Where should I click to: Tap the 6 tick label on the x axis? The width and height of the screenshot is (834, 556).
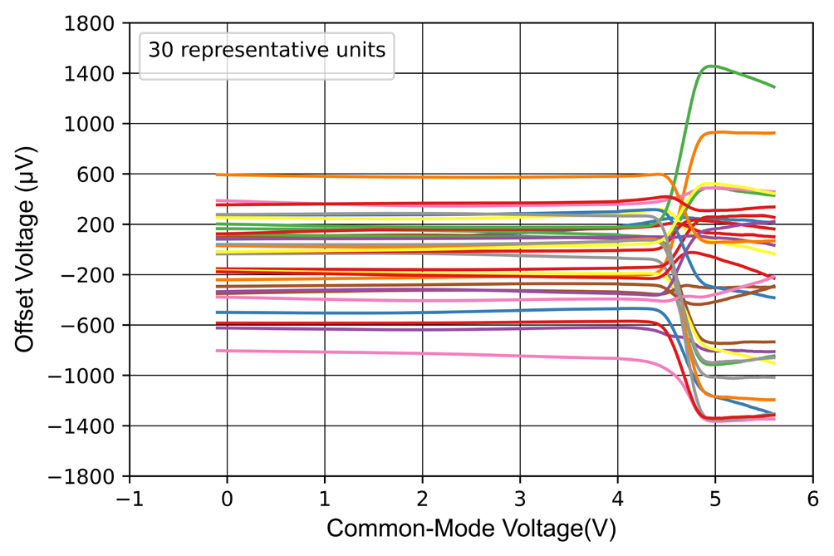(812, 498)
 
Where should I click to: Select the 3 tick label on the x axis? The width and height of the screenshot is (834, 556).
(520, 498)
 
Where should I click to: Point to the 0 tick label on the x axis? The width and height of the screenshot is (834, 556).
(227, 498)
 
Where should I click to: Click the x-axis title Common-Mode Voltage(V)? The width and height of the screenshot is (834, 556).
(471, 529)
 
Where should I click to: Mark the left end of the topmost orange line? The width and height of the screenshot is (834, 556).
(217, 175)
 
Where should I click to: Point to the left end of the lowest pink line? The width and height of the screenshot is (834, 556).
(217, 351)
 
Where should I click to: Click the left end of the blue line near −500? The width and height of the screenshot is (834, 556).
(217, 312)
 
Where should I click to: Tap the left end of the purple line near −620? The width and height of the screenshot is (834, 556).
(217, 328)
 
